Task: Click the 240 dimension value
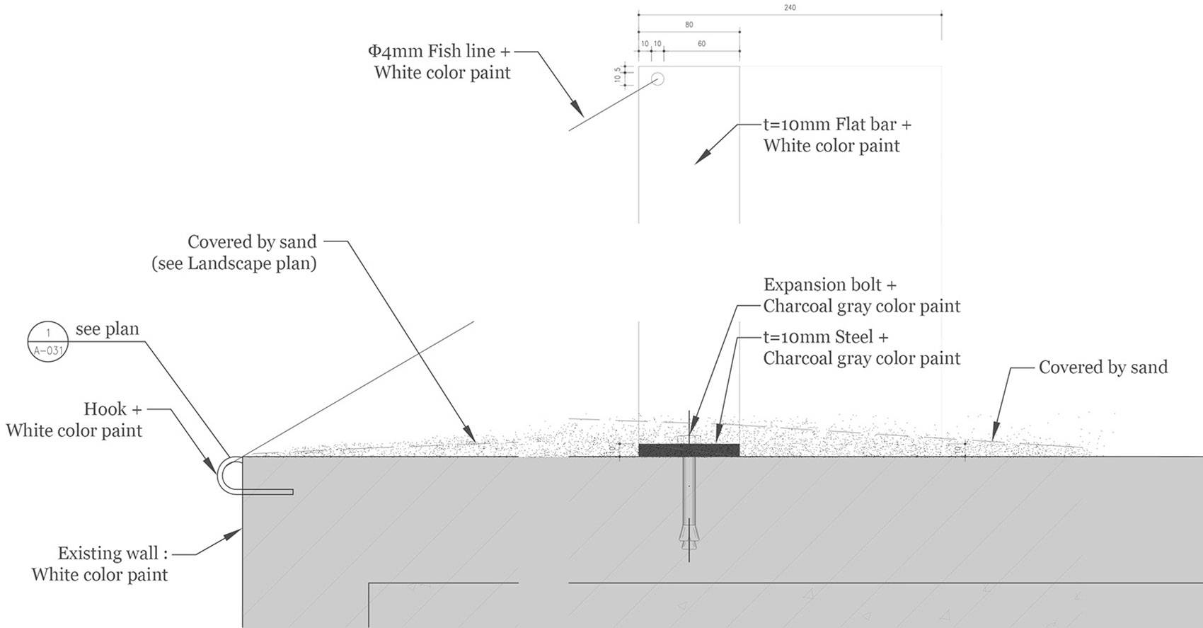coord(790,8)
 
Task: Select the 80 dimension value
coord(689,25)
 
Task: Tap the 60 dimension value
coord(701,43)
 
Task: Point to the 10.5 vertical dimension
coord(618,74)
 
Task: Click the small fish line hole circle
coord(657,79)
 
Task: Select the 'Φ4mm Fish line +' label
coord(439,51)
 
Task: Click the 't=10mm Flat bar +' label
coord(837,125)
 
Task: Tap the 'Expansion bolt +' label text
coord(830,284)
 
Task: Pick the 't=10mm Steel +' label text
coord(826,337)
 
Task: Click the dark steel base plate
coord(689,450)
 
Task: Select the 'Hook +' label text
coord(113,409)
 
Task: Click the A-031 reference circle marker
coord(48,341)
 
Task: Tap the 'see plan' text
coord(108,329)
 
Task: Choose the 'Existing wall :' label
coord(113,553)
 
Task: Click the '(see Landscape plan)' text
coord(234,264)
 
